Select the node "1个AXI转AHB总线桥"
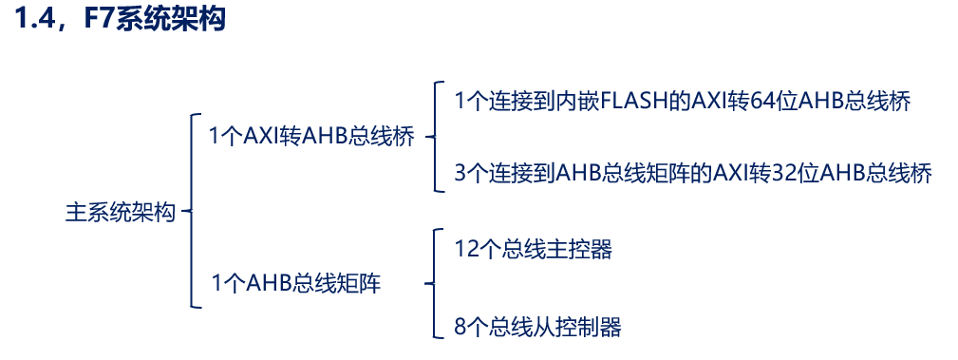[311, 137]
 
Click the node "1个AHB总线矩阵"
[295, 283]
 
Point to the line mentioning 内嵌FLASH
[683, 102]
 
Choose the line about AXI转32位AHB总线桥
[693, 173]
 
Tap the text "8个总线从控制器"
[537, 328]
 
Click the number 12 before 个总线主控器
[466, 250]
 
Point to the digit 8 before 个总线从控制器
[460, 328]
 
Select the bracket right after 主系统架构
[190, 212]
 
